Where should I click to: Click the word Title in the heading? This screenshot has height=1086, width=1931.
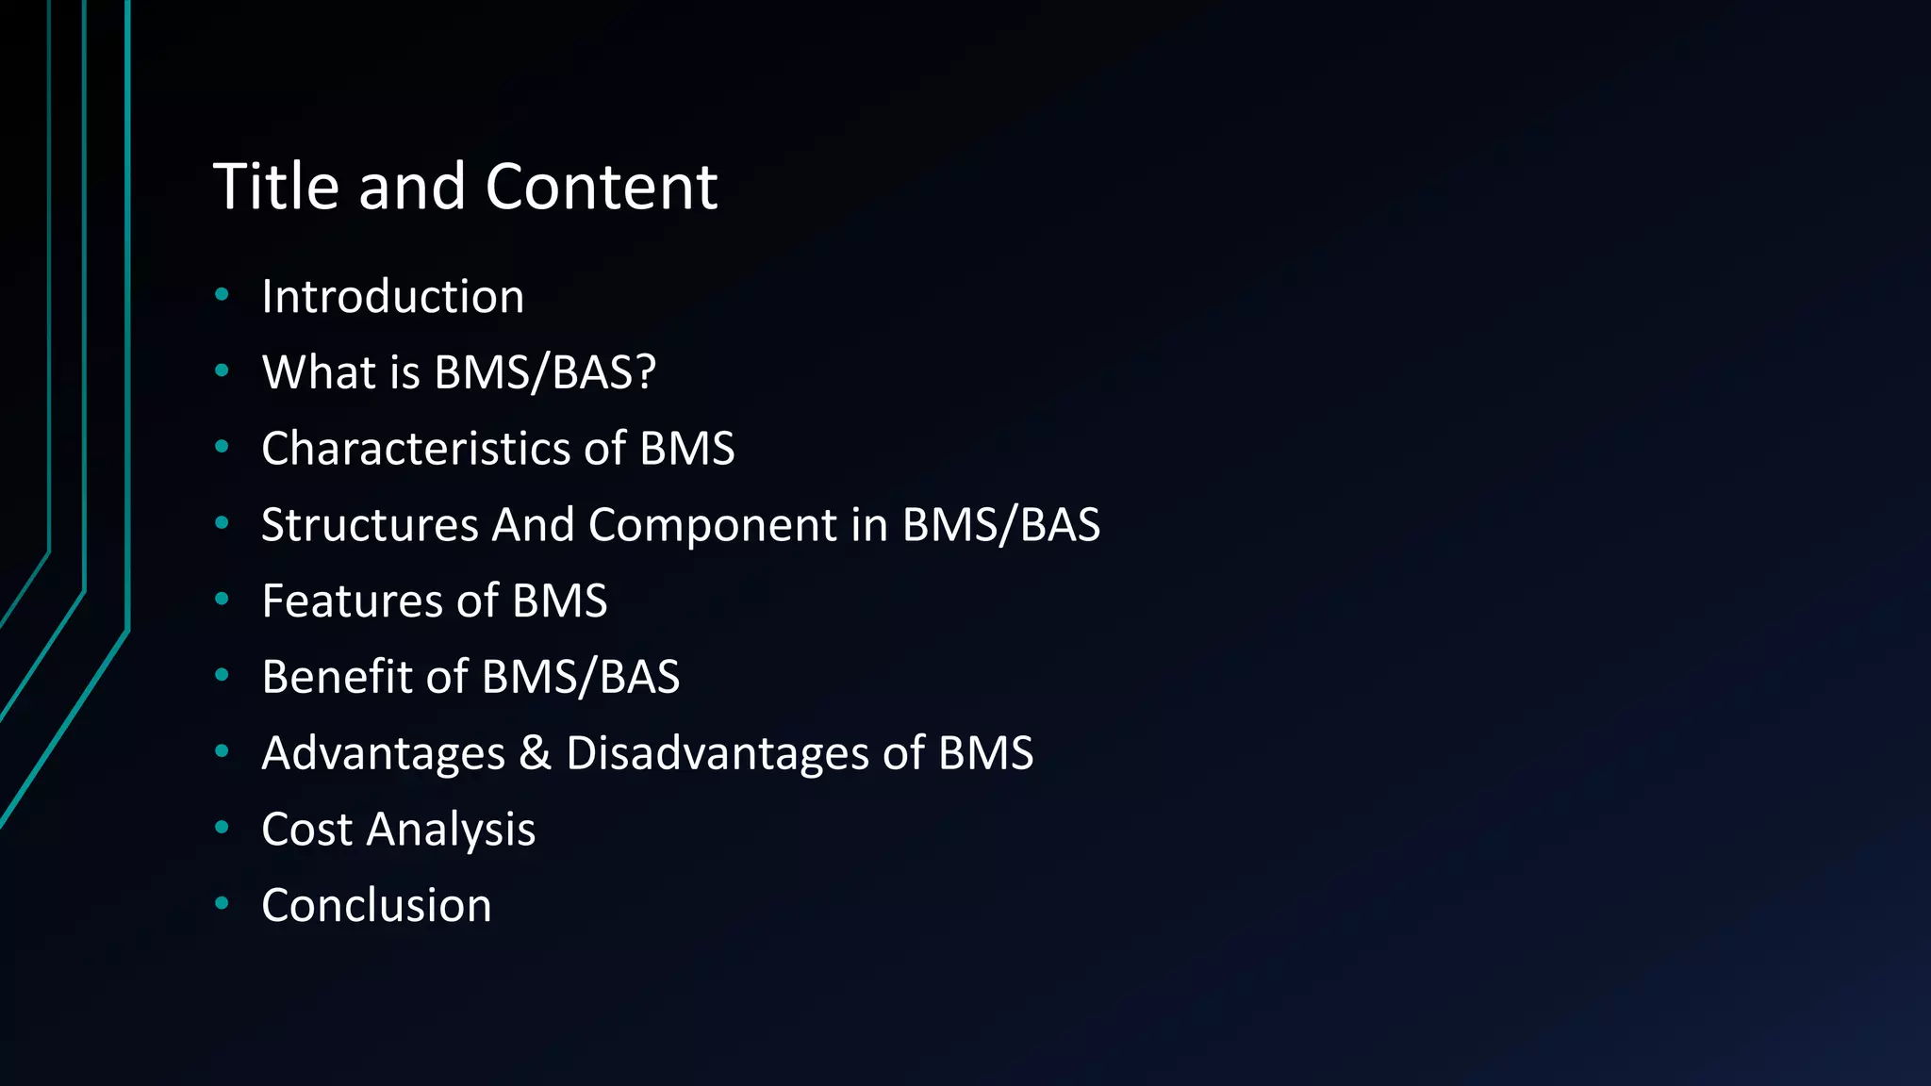tap(276, 186)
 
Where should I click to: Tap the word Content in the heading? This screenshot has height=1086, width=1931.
tap(601, 186)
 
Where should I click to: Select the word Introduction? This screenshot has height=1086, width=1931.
tap(392, 297)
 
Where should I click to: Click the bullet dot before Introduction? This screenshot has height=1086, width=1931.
tap(223, 295)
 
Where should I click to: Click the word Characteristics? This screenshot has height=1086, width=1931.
tap(416, 448)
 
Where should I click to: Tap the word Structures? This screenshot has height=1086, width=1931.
tap(370, 524)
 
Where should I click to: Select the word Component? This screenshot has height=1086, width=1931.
tap(712, 526)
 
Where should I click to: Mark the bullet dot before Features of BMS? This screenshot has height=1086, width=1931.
tap(223, 599)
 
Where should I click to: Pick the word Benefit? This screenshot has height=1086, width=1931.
tap(337, 677)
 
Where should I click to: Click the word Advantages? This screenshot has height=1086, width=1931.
tap(384, 754)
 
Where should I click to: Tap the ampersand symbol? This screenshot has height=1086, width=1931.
tap(535, 753)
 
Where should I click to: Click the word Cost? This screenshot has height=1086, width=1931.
tap(307, 830)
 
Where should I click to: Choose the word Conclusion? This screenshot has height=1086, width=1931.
tap(376, 906)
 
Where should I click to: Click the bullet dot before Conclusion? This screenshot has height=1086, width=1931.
tap(223, 903)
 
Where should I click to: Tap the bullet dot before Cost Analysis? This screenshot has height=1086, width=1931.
tap(223, 828)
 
